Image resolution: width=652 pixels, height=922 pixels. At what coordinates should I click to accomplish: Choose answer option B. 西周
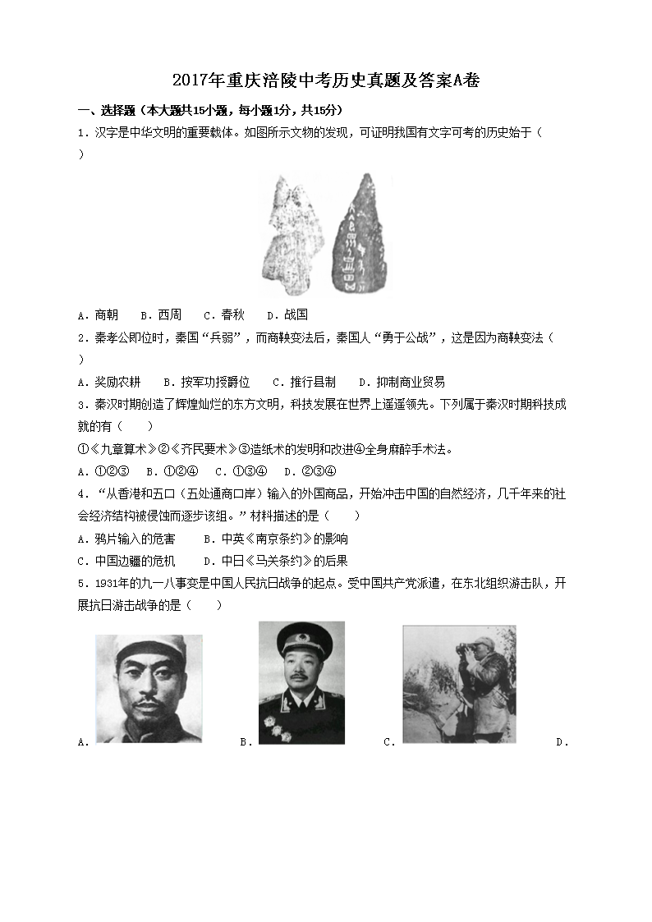pos(161,314)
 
